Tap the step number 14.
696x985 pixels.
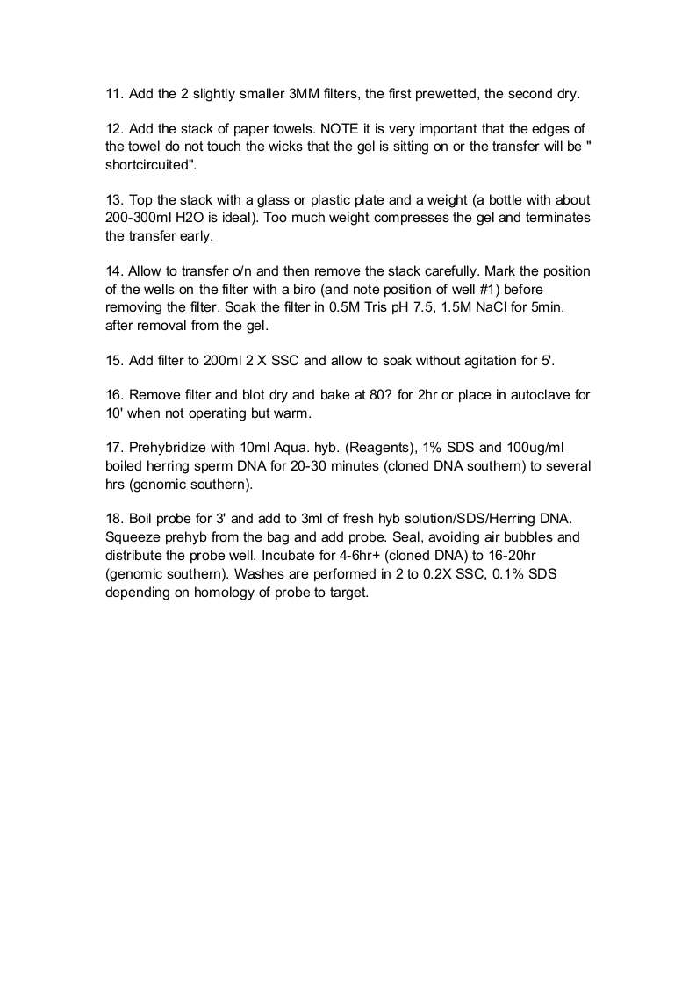pyautogui.click(x=113, y=272)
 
